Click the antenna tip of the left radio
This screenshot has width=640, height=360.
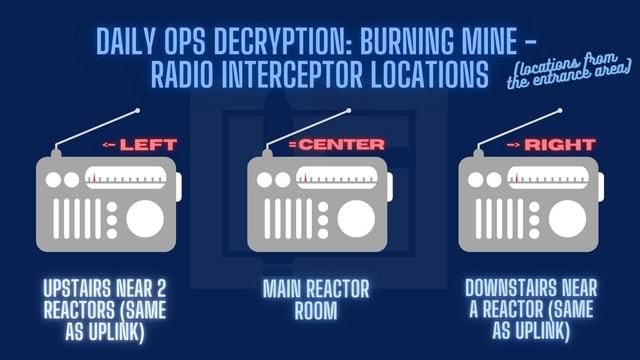[139, 110]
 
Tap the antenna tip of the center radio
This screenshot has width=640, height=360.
[350, 110]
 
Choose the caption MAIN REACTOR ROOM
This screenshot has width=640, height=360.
[316, 299]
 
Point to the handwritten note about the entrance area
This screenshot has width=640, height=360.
[570, 72]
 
